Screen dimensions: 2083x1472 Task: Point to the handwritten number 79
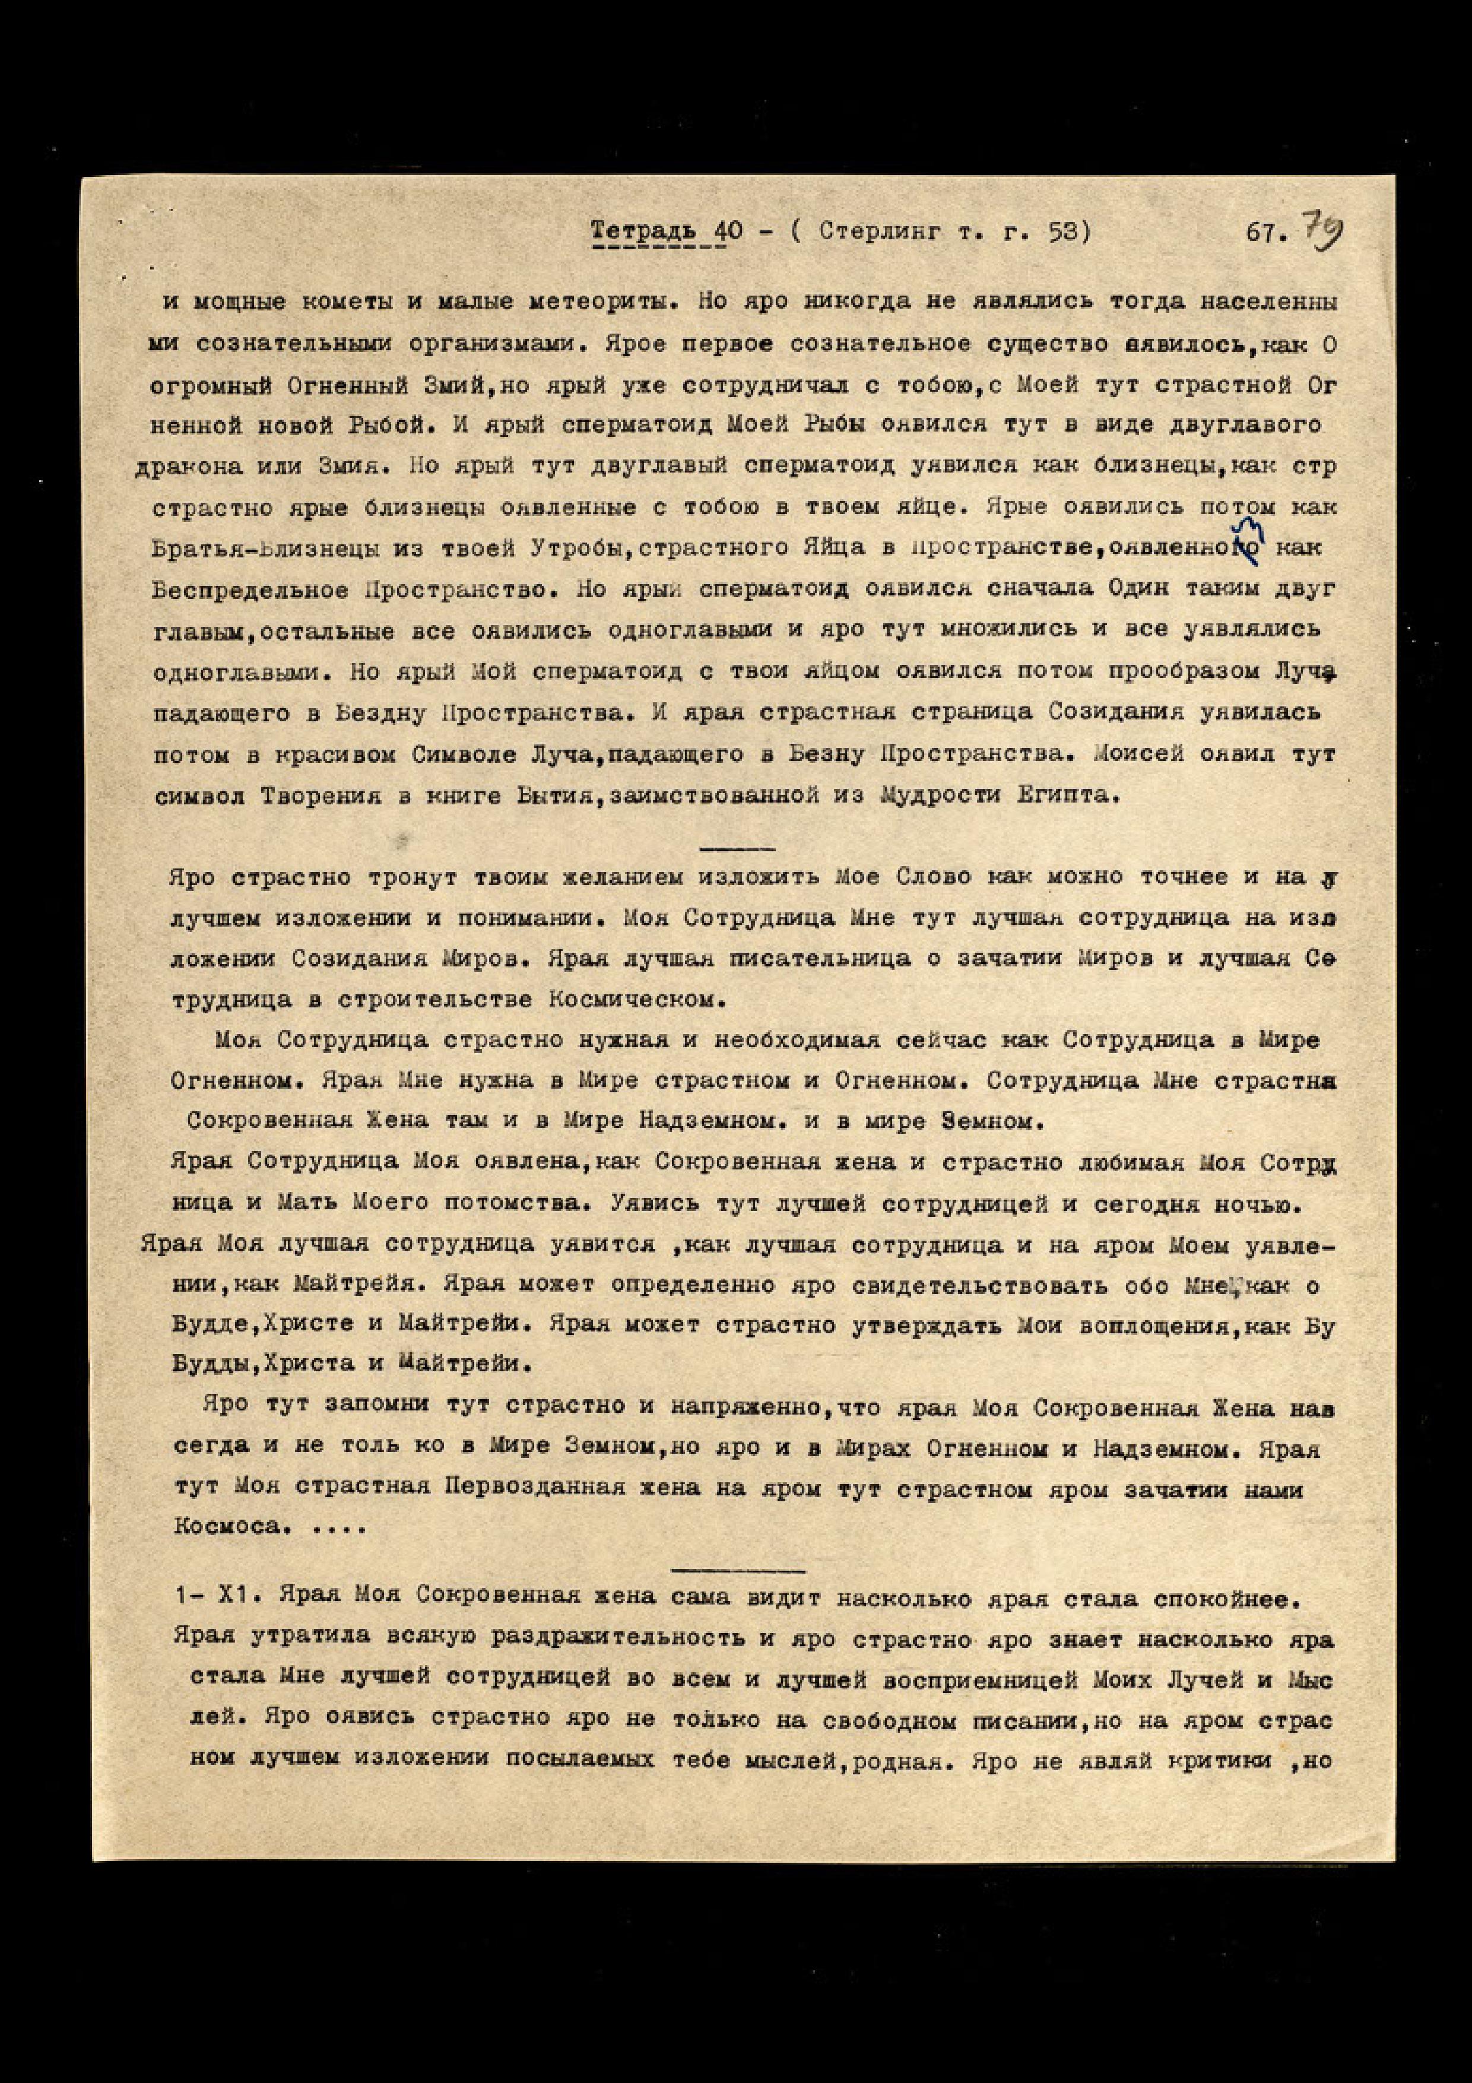pyautogui.click(x=1323, y=232)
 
